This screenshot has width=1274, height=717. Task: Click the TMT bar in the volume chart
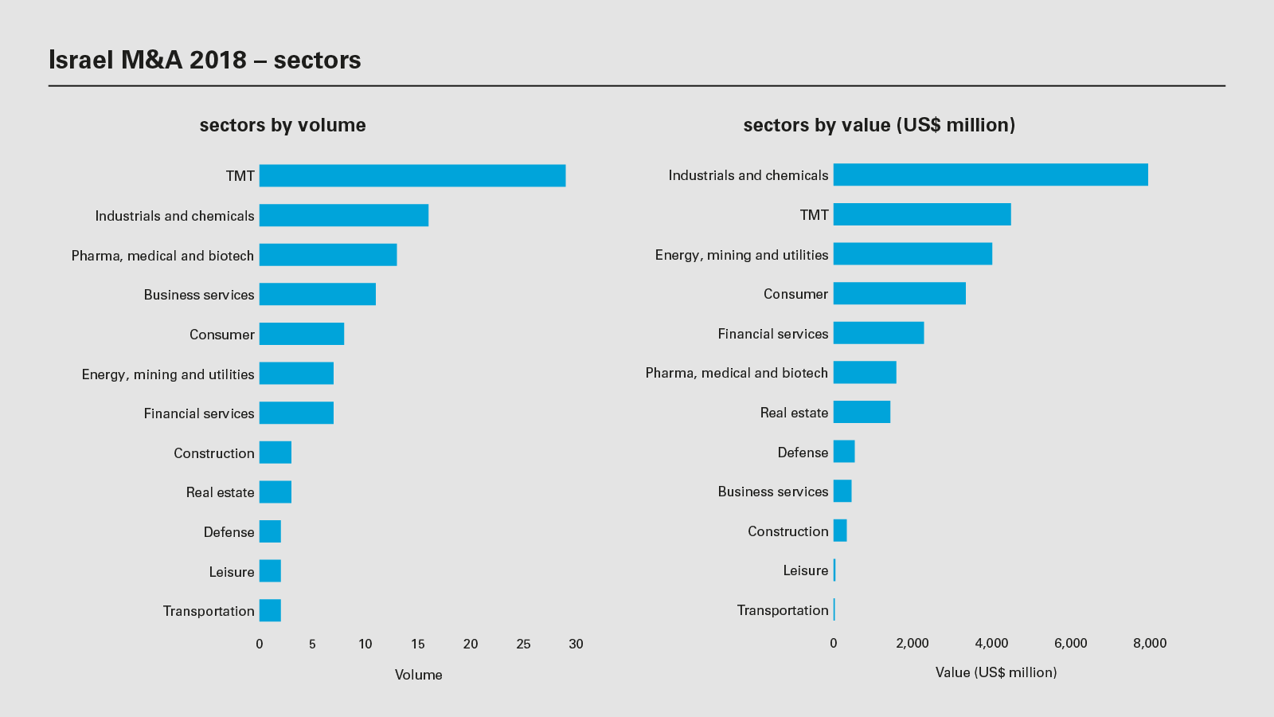pos(412,176)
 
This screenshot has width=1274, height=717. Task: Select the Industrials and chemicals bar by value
pos(991,174)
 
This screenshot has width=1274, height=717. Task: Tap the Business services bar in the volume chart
pos(318,294)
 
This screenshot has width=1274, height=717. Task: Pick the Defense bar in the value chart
pos(844,452)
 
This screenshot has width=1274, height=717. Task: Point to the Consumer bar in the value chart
pos(900,293)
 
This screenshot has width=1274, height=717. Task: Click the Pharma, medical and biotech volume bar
pos(328,255)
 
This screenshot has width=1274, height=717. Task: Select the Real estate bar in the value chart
pos(862,412)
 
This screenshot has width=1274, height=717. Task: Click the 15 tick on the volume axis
pos(418,644)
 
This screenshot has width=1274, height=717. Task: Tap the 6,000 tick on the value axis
pos(1070,643)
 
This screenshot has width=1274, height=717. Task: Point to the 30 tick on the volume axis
pos(576,644)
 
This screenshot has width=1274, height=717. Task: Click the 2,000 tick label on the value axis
pos(913,643)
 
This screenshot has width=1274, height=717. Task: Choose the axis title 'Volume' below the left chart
pos(418,675)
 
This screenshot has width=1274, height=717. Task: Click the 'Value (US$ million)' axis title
pos(996,672)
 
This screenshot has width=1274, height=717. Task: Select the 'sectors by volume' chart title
pos(283,125)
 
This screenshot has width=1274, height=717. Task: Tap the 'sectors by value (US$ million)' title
pos(879,125)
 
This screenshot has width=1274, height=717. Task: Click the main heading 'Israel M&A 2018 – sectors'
pos(205,60)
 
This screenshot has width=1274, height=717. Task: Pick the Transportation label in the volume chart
pos(209,611)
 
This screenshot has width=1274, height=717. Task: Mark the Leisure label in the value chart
pos(806,570)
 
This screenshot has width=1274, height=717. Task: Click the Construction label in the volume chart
pos(214,453)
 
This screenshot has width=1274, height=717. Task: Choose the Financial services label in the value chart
pos(773,334)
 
